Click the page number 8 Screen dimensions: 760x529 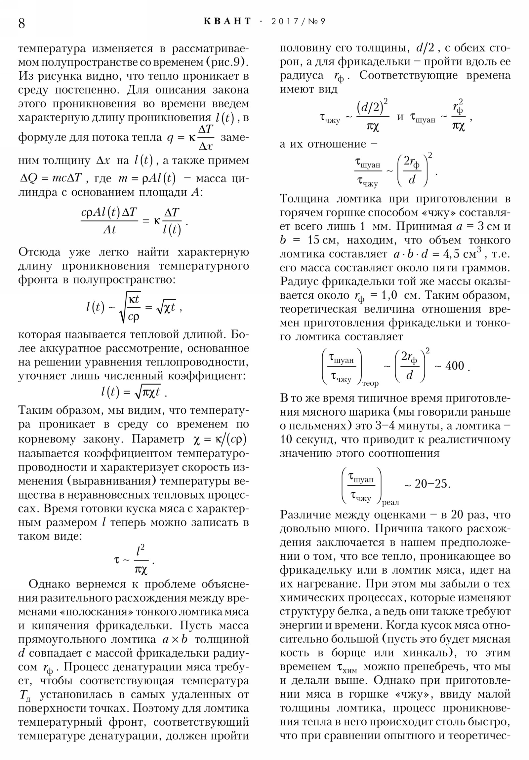pyautogui.click(x=21, y=23)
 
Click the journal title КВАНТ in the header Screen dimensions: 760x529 pyautogui.click(x=227, y=21)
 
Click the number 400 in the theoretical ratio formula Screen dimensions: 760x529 pyautogui.click(x=455, y=366)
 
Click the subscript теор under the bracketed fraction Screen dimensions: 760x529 pyautogui.click(x=370, y=384)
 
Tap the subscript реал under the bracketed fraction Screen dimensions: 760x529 pyautogui.click(x=390, y=503)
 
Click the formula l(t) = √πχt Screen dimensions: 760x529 pyautogui.click(x=134, y=392)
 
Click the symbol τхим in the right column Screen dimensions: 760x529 pyautogui.click(x=346, y=667)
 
